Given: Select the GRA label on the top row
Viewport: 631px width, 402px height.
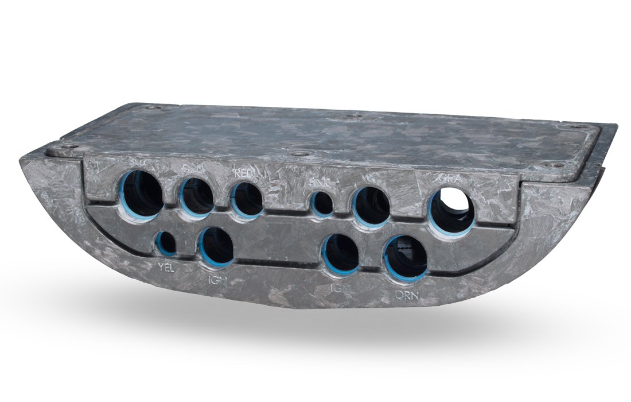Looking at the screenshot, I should (x=450, y=179).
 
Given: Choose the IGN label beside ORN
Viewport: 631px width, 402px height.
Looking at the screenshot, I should (x=341, y=288).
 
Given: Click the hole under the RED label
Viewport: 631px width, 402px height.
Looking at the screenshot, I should (x=247, y=200).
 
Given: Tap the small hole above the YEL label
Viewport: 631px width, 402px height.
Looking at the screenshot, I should (x=166, y=243).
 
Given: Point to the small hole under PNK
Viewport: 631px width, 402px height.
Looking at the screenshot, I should (x=322, y=204).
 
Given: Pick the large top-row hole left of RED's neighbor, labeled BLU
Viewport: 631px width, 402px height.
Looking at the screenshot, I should (x=142, y=194).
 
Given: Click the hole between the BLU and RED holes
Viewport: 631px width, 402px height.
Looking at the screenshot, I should (x=197, y=196).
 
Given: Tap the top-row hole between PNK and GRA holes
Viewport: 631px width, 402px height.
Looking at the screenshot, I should (x=371, y=206).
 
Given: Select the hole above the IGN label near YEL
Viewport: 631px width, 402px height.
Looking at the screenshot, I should (x=217, y=246).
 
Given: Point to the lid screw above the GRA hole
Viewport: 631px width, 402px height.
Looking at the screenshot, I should (x=554, y=165).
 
